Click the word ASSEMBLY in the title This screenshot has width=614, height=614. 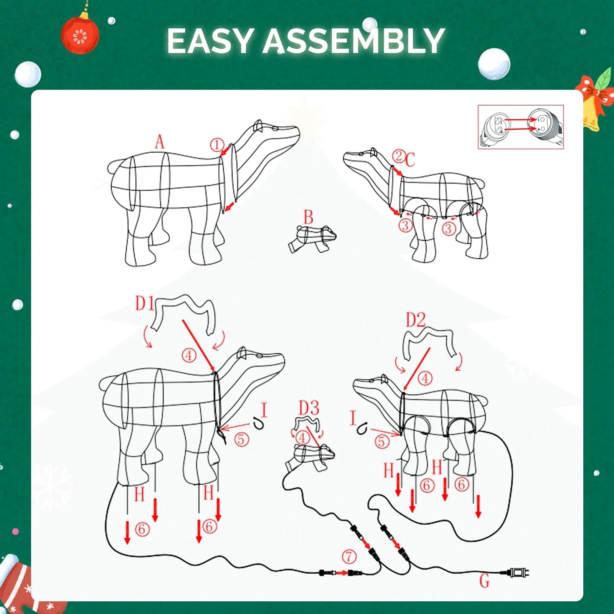pos(353,41)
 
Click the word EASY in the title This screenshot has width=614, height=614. pos(210,41)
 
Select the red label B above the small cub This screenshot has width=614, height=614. pos(309,217)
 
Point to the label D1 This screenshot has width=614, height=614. pos(145,303)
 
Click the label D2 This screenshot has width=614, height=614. pos(416,320)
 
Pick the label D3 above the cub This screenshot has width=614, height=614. pos(309,408)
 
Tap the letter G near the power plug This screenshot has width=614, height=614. pos(485,581)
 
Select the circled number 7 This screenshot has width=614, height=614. pos(349,556)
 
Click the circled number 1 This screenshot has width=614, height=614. pos(217,145)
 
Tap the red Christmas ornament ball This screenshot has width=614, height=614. pos(80,36)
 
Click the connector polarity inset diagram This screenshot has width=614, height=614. pos(521,127)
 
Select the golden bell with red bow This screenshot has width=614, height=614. pos(594,102)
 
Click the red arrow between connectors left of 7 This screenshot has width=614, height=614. pos(340,573)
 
